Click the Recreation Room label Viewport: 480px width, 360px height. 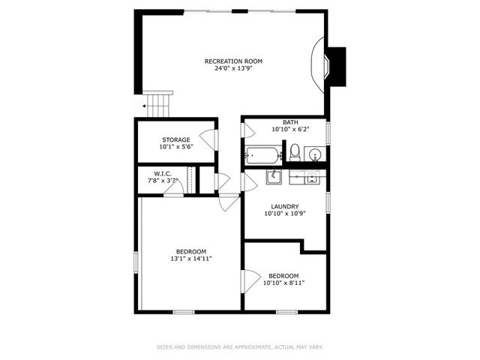[233, 61]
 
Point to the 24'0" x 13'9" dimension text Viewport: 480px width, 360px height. [233, 68]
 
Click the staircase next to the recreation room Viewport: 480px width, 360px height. [158, 104]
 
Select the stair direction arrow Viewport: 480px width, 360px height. [144, 106]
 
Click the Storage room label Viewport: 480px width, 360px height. [176, 140]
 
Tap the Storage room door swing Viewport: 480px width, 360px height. [208, 140]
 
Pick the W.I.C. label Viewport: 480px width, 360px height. [163, 174]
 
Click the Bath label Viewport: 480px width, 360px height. [290, 122]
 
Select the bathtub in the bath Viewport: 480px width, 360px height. [263, 155]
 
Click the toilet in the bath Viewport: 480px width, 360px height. [295, 152]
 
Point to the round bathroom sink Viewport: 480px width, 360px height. [315, 154]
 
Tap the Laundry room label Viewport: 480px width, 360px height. [285, 207]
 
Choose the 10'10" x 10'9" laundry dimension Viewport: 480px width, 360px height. [285, 214]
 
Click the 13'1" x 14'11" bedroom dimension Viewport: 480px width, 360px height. [191, 259]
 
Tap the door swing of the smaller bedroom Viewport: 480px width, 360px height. [250, 281]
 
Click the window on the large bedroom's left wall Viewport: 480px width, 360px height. [136, 262]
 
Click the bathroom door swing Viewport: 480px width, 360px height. [248, 130]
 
